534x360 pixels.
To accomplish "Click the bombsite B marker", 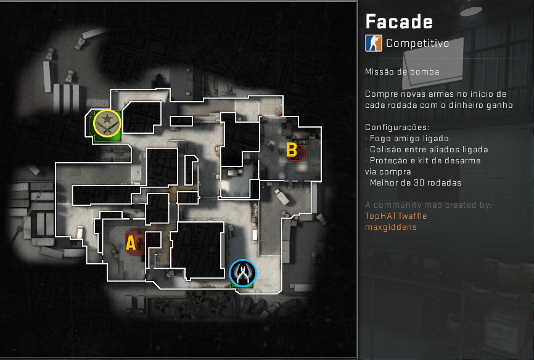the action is [292, 150].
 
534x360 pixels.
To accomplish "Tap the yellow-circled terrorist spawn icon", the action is [107, 123].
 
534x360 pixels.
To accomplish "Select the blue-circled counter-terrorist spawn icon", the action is [242, 273].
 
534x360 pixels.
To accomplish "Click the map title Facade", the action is [399, 22].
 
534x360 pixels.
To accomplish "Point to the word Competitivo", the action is [417, 43].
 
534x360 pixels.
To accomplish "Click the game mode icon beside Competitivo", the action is [373, 43].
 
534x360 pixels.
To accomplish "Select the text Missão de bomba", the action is [402, 72].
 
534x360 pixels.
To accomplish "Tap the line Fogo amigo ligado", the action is [409, 139].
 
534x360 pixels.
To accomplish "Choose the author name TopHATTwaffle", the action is [396, 216].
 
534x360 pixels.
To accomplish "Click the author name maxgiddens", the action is [391, 227].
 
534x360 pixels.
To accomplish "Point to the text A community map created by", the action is [428, 205].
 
